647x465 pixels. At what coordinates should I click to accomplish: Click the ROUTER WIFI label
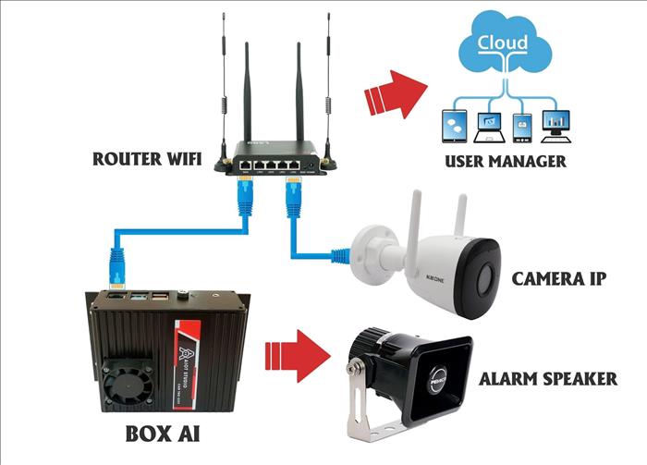pyautogui.click(x=149, y=158)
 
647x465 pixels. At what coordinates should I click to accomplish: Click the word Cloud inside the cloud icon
pyautogui.click(x=503, y=43)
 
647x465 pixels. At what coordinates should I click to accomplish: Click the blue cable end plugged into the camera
pyautogui.click(x=341, y=251)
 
